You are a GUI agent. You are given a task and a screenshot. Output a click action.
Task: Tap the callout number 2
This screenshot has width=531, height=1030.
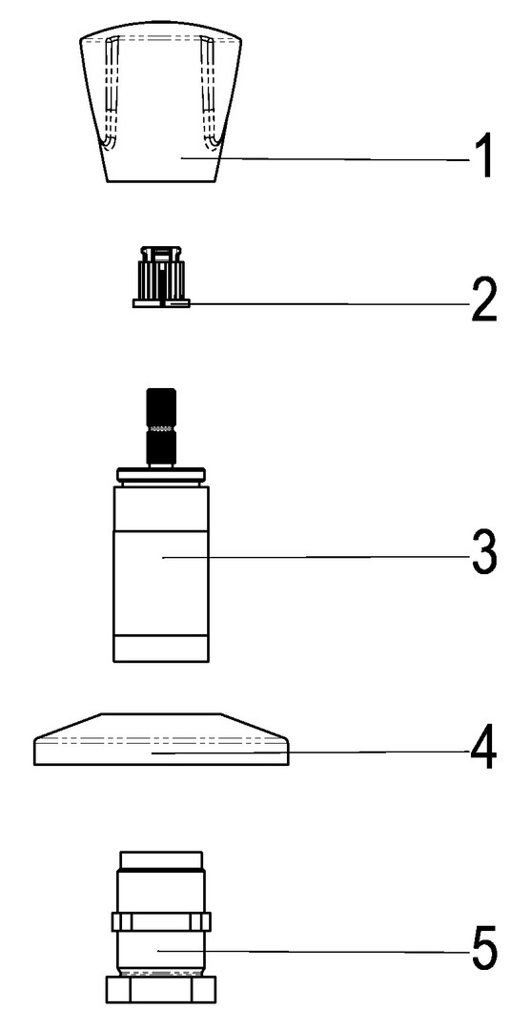point(483,300)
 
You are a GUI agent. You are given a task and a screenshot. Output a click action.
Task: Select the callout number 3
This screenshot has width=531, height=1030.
point(483,556)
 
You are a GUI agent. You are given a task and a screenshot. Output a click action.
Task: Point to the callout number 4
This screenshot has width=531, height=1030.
point(483,750)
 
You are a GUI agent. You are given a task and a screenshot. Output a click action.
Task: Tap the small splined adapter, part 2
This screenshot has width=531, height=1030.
point(161,277)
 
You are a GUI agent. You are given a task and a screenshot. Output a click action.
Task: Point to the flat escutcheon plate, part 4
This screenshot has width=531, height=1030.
point(161,739)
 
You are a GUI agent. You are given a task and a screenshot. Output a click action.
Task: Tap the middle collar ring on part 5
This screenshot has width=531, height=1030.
point(161,921)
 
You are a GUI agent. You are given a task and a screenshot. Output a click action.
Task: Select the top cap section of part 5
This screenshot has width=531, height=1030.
point(161,860)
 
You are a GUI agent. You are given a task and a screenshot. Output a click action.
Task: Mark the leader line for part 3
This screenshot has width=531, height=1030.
point(317,557)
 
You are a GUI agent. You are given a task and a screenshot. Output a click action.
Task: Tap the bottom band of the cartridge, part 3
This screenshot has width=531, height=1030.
point(161,648)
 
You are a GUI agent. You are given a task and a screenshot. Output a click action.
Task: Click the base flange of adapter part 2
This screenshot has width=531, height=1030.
point(161,303)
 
